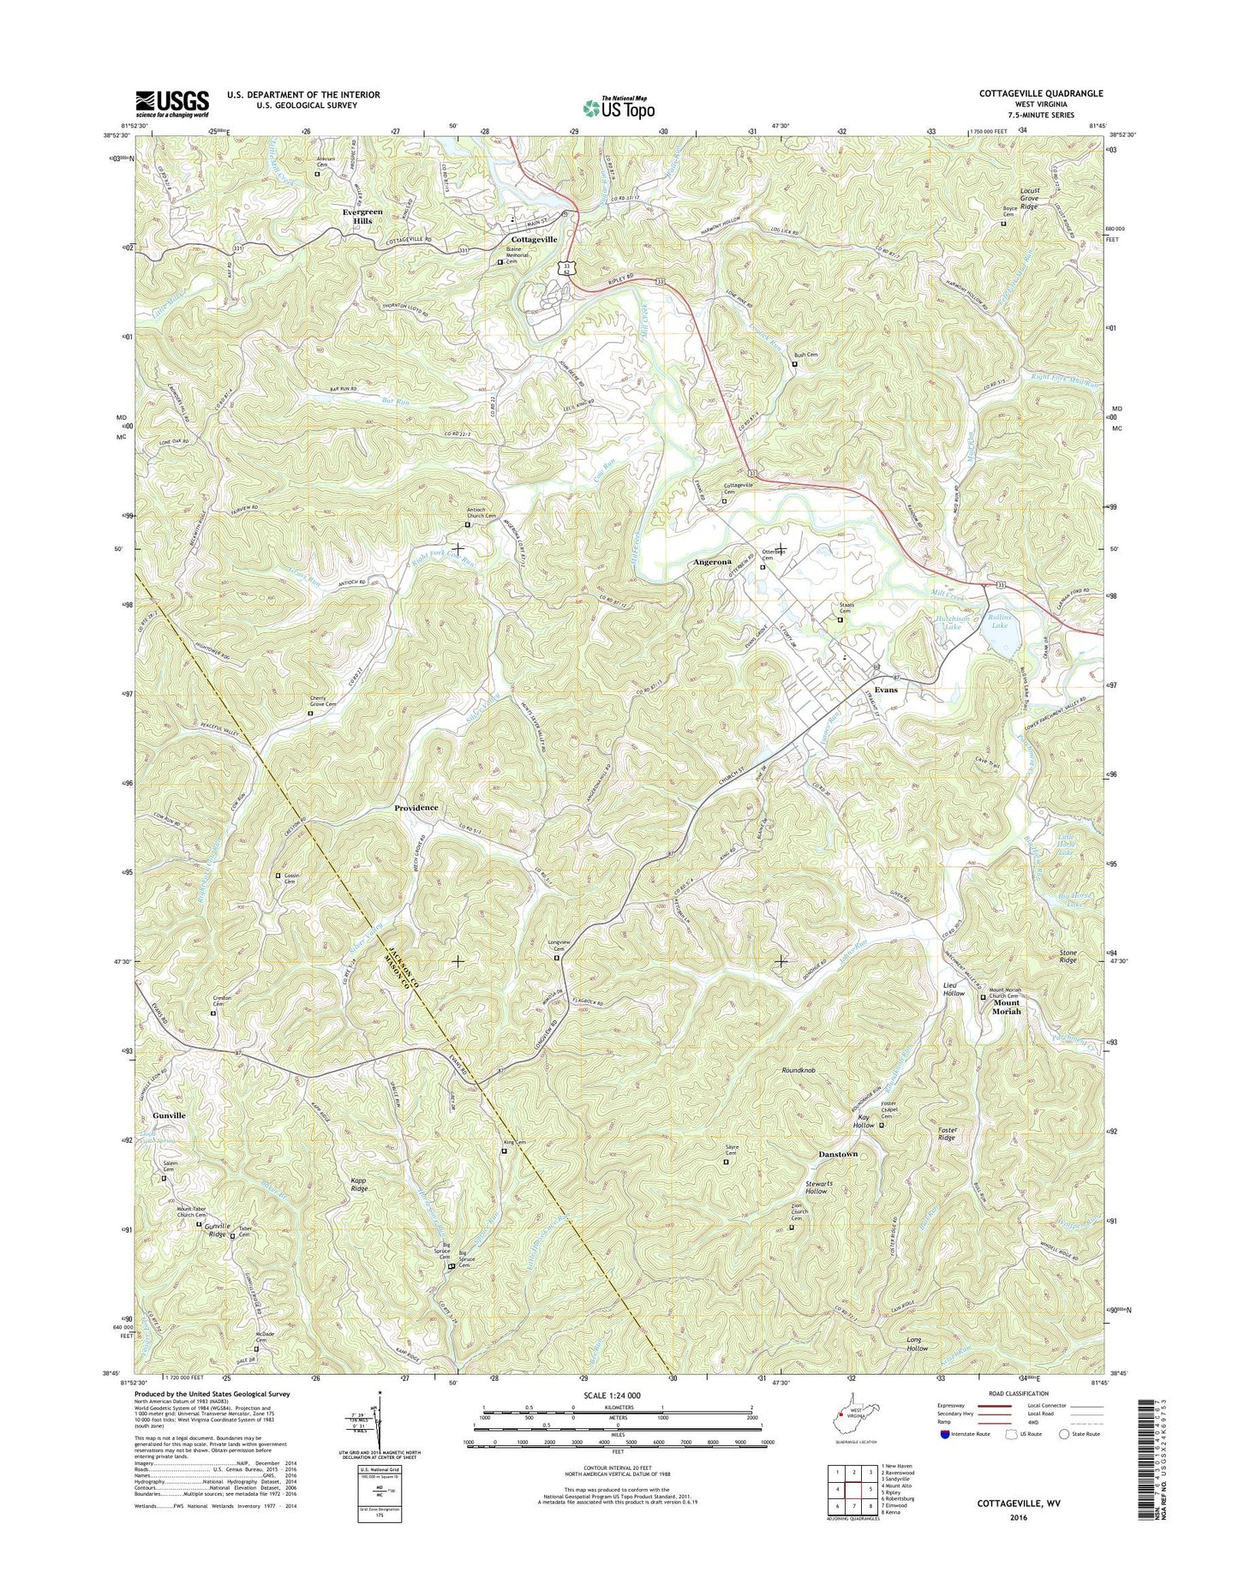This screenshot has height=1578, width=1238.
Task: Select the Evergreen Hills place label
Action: click(357, 216)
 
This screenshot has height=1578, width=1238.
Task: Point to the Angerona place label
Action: click(712, 563)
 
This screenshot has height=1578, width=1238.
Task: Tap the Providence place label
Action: click(416, 808)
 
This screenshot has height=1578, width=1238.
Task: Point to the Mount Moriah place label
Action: click(1006, 1006)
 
